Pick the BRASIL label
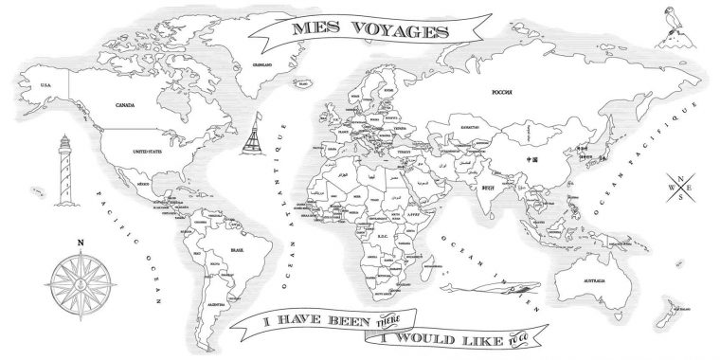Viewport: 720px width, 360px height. pos(225,251)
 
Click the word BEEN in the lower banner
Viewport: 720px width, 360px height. pos(339,323)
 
